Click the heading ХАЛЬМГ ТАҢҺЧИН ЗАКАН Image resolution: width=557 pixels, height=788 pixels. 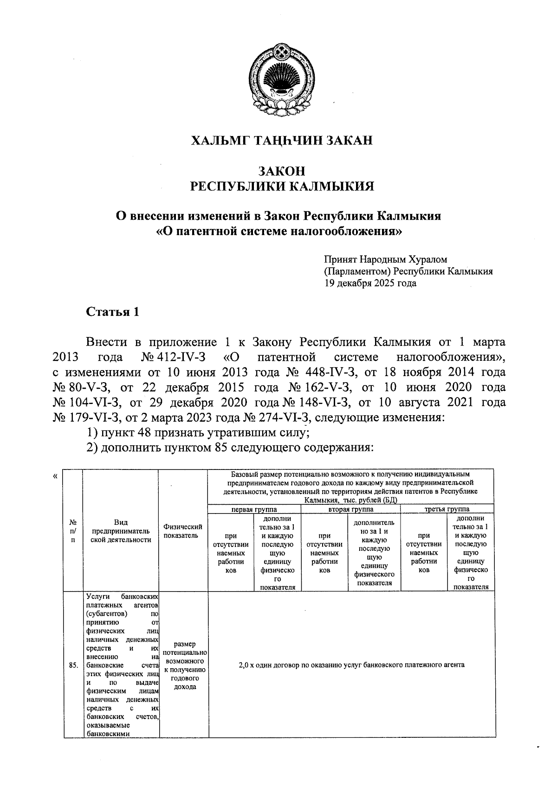pos(282,141)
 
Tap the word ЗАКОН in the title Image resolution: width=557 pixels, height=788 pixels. pos(282,171)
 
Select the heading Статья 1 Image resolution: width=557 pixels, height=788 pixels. pos(113,312)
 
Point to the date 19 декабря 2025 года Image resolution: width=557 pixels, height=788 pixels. pos(370,283)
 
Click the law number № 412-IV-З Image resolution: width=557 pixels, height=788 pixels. pos(172,358)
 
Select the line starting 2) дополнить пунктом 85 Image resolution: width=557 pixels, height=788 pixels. pos(230,448)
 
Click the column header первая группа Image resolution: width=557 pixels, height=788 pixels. pos(254,509)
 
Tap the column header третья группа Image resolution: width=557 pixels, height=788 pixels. pos(447,509)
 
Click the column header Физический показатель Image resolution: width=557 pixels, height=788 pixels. pos(183,531)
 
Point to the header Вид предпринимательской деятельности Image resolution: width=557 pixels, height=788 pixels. pos(121,531)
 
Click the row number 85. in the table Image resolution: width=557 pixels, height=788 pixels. pos(72,665)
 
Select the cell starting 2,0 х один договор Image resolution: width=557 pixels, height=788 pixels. pos(351,665)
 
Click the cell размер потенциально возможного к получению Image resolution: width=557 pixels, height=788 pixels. pos(184,665)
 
